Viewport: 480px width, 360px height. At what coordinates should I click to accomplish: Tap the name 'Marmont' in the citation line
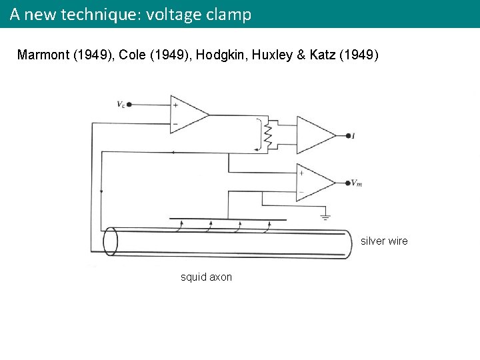click(44, 55)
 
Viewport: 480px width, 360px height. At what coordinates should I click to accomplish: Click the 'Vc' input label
click(120, 104)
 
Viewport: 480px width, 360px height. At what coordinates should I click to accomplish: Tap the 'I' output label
click(353, 136)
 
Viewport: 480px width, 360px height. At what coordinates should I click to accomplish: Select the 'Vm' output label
click(356, 183)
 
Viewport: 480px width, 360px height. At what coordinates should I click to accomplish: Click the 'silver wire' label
click(384, 241)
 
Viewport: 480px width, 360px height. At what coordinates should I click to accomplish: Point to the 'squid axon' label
click(207, 277)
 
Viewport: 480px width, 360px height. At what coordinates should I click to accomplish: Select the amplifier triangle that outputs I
click(314, 135)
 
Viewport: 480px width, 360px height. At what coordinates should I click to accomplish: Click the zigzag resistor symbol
click(269, 136)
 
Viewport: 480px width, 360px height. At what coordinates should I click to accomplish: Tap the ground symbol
click(325, 216)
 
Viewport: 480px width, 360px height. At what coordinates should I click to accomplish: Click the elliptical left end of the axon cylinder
click(110, 241)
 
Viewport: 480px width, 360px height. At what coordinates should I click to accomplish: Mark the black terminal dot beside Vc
click(129, 104)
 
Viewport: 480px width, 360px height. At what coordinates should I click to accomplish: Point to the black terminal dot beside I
click(347, 136)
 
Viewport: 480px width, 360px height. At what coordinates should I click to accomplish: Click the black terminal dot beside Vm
click(347, 183)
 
